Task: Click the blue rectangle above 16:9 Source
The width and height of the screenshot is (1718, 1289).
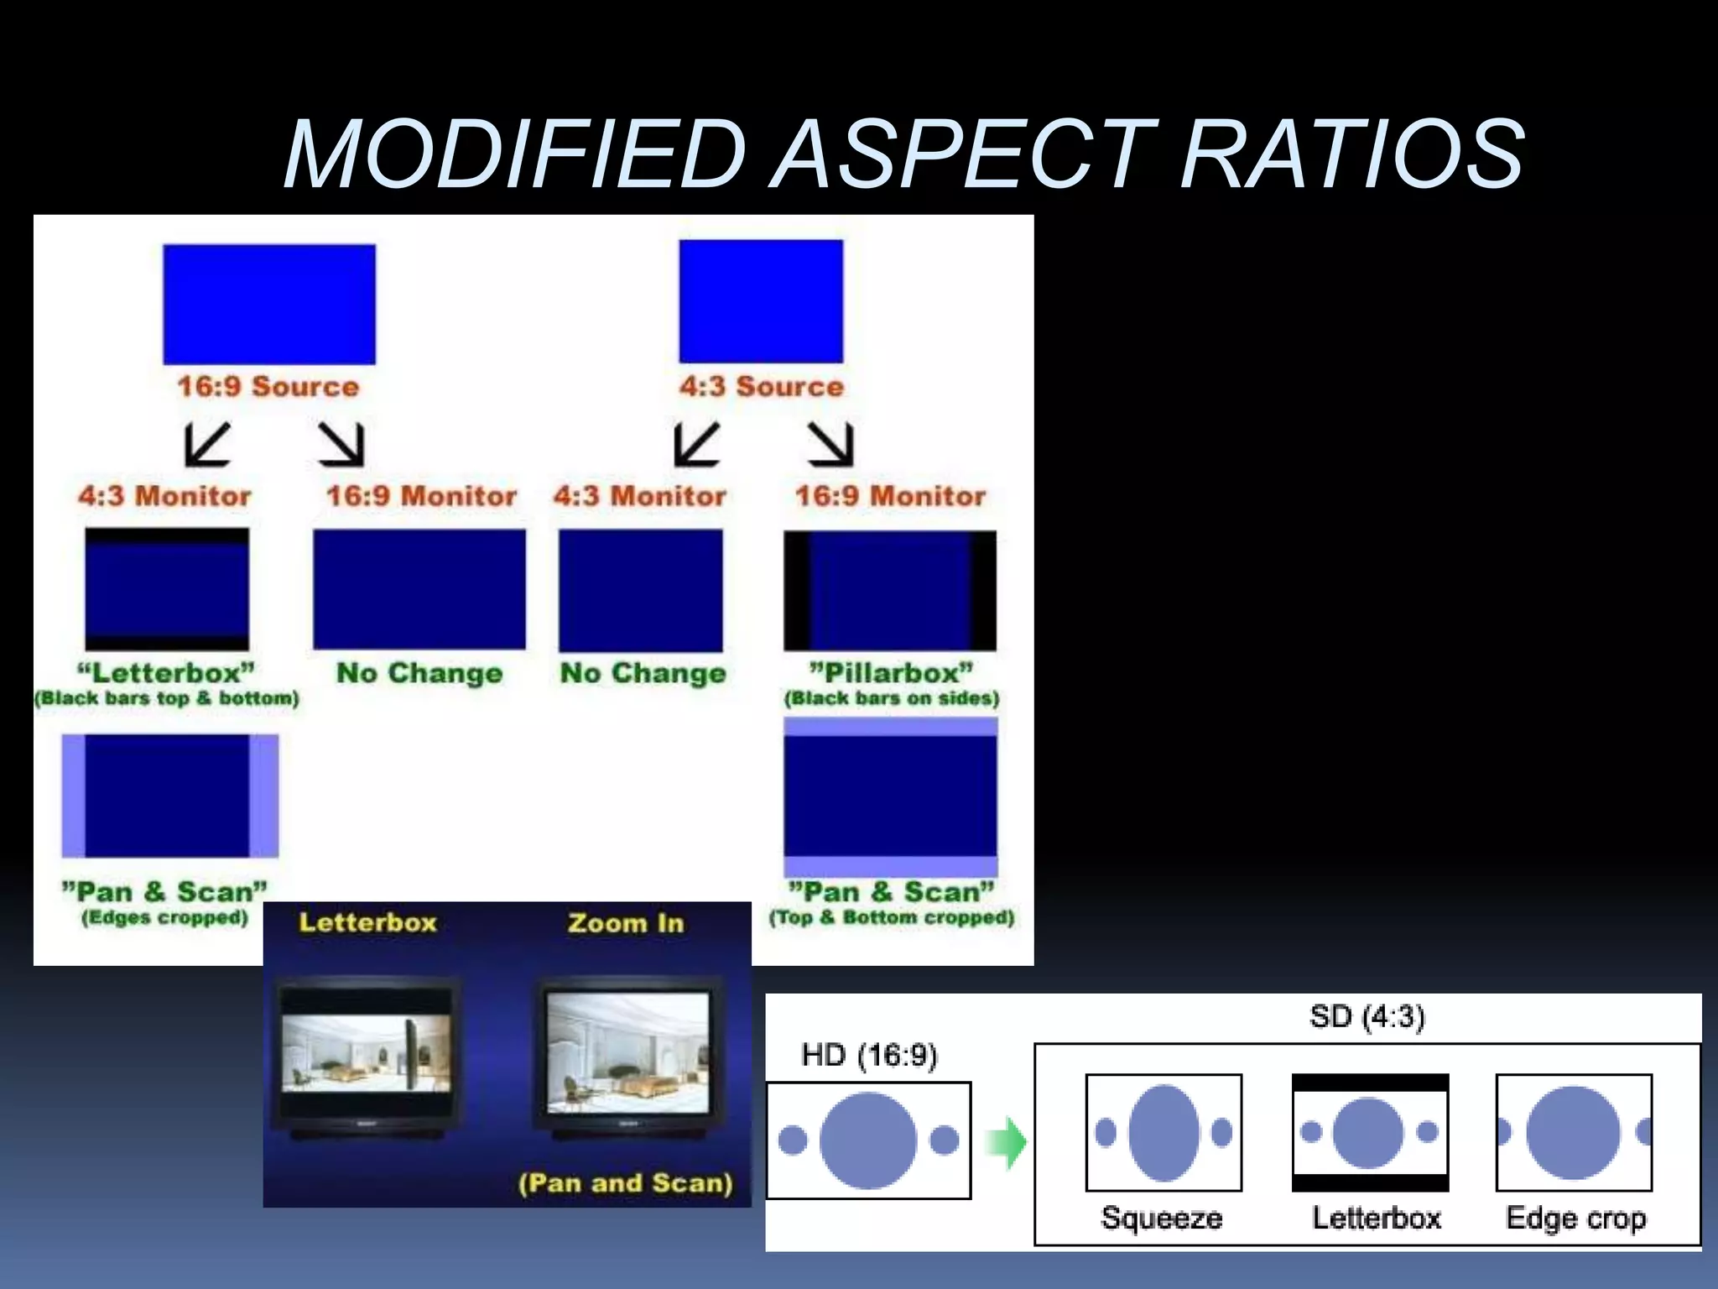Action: [269, 304]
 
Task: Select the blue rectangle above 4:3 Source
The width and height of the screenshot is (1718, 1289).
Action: [761, 301]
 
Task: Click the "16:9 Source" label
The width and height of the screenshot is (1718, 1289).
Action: [268, 387]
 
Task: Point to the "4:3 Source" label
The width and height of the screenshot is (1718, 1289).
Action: [762, 387]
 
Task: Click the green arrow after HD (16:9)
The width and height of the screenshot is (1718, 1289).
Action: [1007, 1142]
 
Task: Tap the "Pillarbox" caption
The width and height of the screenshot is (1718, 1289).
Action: [891, 673]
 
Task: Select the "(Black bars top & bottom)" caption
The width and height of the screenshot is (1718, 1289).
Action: [167, 698]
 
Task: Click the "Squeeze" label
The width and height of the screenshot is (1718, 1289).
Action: [1162, 1218]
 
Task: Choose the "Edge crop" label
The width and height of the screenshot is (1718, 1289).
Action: [1575, 1218]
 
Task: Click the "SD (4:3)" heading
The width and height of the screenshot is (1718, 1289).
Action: [1367, 1017]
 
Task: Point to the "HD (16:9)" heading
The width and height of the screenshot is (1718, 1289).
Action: [869, 1055]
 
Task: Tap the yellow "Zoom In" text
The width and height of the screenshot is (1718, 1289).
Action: [626, 923]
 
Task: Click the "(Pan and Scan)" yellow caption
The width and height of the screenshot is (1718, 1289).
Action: [626, 1183]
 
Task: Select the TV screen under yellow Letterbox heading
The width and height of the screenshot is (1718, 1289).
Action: [366, 1052]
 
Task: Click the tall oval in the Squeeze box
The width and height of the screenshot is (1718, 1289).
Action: [1164, 1133]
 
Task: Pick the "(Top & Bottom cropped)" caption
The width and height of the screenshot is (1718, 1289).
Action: [892, 917]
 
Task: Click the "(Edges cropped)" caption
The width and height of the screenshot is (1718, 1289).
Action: [164, 917]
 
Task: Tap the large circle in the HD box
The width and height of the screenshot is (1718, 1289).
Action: [867, 1140]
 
